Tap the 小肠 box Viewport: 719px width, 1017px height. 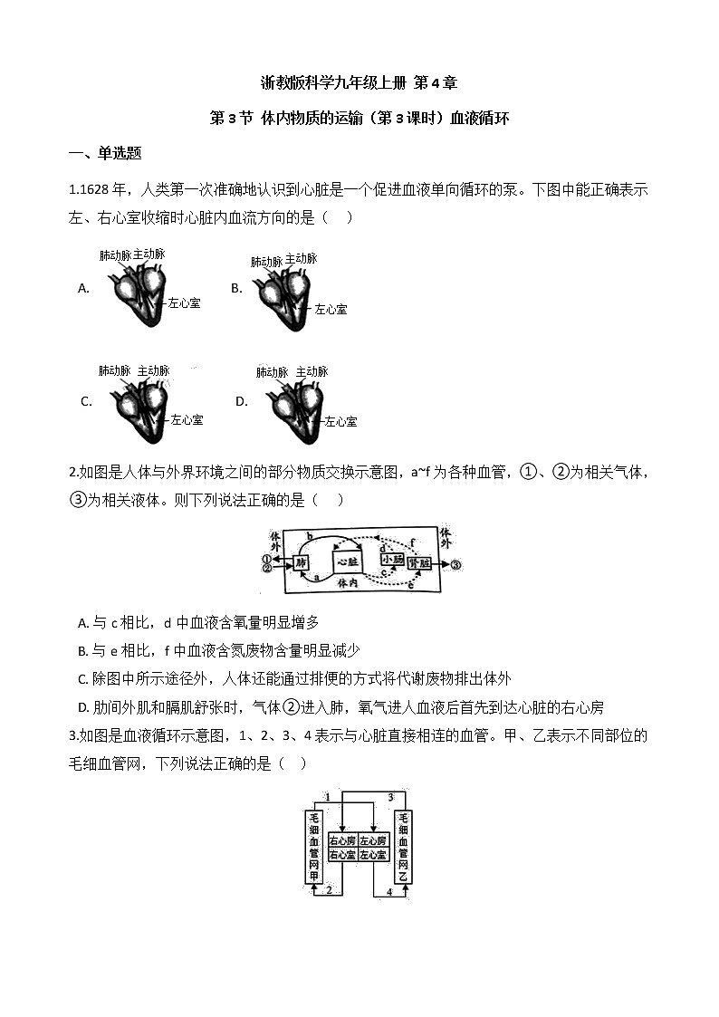(x=392, y=560)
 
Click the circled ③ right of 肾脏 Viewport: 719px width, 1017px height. (x=455, y=563)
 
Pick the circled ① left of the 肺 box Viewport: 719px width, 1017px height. (x=267, y=558)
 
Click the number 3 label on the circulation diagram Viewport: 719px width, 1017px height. (x=390, y=797)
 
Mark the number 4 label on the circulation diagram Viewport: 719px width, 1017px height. (x=390, y=892)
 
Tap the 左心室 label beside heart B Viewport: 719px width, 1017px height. (x=330, y=309)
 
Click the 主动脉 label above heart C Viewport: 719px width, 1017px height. (x=153, y=370)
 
